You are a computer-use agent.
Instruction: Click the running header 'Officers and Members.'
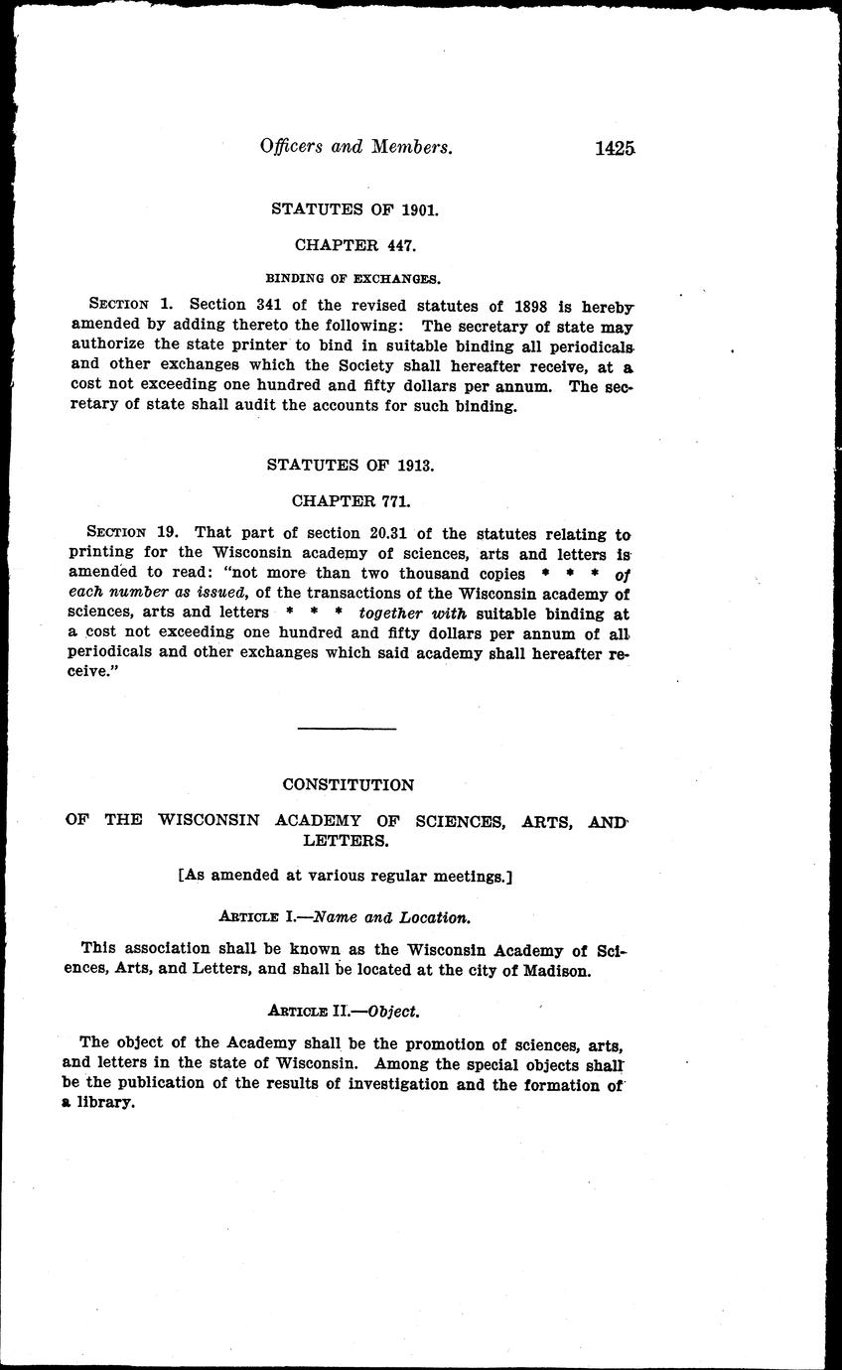(x=356, y=148)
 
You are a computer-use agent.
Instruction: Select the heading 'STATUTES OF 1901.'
(x=355, y=209)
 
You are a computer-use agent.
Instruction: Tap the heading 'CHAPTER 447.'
(x=355, y=243)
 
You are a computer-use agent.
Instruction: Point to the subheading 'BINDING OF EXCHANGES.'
(x=355, y=277)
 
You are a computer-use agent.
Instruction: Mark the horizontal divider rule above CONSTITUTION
(x=347, y=730)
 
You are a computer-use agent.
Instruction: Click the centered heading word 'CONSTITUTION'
(x=348, y=785)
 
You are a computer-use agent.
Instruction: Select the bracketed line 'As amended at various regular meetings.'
(x=345, y=877)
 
